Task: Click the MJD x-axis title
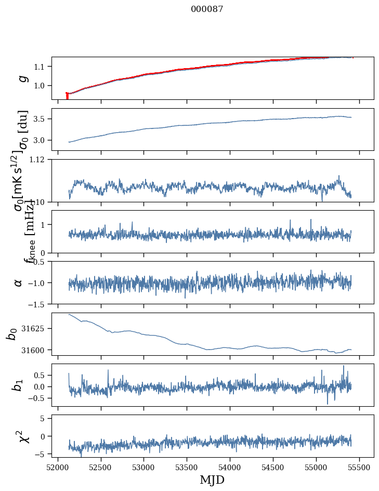pyautogui.click(x=212, y=480)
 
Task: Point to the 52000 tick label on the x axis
pyautogui.click(x=58, y=466)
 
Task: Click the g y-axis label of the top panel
pyautogui.click(x=22, y=78)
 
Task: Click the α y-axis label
pyautogui.click(x=19, y=282)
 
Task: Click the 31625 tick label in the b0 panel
pyautogui.click(x=37, y=329)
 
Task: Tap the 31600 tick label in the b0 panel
pyautogui.click(x=37, y=350)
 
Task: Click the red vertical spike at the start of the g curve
pyautogui.click(x=67, y=96)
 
